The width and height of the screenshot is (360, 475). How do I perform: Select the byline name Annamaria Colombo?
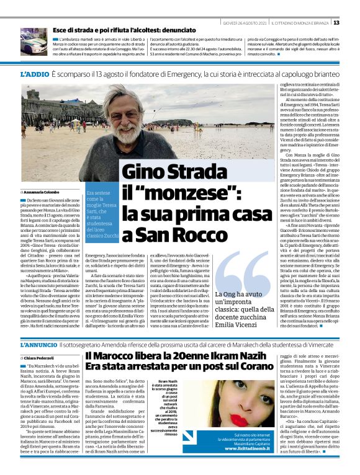tap(41, 192)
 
